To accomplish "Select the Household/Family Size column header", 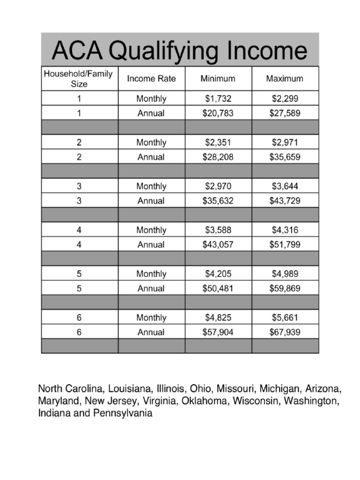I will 79,79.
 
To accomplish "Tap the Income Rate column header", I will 151,79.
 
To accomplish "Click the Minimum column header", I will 218,79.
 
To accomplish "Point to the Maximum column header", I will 285,79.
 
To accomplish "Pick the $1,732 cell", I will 218,99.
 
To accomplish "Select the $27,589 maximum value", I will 285,113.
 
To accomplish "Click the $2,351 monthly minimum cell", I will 218,142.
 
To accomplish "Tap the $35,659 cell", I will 285,157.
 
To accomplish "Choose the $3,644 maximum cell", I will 285,186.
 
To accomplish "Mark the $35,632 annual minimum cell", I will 218,201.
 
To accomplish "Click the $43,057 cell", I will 218,244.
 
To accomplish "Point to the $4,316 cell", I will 285,230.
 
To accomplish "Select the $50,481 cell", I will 218,288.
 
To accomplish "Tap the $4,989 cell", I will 285,274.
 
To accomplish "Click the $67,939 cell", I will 285,332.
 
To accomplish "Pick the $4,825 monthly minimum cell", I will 218,317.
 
